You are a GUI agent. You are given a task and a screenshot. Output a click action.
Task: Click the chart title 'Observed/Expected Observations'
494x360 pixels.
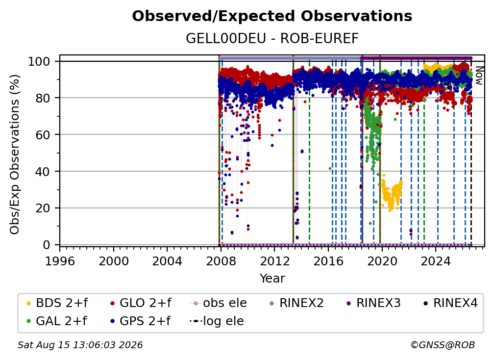[272, 16]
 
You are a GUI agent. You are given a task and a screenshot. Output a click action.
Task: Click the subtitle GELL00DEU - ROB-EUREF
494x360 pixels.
[272, 38]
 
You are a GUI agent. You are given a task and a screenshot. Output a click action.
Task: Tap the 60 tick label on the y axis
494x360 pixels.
[43, 134]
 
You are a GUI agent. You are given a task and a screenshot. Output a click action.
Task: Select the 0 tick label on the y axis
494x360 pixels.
[47, 245]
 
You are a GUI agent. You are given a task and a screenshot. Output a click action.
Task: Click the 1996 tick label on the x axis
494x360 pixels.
[60, 261]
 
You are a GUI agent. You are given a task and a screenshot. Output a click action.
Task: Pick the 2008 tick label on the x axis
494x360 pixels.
[221, 261]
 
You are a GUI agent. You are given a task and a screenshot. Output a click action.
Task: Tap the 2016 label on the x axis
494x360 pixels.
[328, 261]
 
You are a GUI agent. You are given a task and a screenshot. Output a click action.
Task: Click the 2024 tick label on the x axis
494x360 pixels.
[436, 261]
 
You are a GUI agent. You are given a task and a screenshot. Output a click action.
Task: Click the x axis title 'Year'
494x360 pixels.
[272, 279]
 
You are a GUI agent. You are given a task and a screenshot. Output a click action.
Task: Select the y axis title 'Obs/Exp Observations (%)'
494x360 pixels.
[15, 154]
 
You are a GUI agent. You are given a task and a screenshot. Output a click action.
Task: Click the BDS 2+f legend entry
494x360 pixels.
[57, 303]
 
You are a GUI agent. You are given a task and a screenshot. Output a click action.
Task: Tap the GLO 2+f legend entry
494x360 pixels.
[141, 303]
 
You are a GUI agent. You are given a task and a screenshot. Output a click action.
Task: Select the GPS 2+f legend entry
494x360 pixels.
[140, 321]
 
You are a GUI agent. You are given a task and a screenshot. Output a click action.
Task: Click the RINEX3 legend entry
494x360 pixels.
[373, 303]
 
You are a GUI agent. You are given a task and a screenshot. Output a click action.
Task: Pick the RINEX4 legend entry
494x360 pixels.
[450, 303]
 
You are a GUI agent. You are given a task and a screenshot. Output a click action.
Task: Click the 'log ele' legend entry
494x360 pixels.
[217, 321]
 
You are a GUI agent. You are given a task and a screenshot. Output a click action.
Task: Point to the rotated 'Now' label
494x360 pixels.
[478, 76]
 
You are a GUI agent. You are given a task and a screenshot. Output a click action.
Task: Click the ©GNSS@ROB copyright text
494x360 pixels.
[443, 345]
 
